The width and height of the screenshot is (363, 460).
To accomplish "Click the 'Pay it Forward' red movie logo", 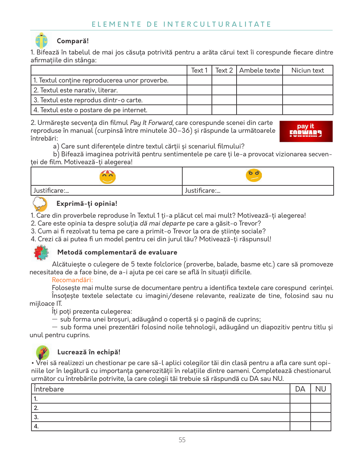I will [306, 131].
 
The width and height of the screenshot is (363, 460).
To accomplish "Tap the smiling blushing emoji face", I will [108, 177].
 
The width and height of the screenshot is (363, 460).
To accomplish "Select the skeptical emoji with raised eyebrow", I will [254, 175].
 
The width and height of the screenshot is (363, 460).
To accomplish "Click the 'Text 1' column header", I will [199, 70].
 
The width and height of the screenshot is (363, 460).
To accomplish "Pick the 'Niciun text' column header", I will [308, 70].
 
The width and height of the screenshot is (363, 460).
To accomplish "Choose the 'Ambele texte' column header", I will [259, 70].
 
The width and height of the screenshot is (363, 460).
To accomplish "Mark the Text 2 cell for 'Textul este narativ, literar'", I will [224, 90].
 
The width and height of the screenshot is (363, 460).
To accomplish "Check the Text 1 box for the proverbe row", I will [199, 80].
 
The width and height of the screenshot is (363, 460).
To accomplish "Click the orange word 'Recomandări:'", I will [72, 280].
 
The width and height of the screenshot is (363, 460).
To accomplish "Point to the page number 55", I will [182, 440].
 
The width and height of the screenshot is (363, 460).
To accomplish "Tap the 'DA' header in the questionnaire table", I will [300, 389].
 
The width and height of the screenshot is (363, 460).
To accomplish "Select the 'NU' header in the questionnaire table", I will [320, 389].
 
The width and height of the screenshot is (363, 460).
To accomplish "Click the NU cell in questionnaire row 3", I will [320, 417].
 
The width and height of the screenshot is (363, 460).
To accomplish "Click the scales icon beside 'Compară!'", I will [41, 41].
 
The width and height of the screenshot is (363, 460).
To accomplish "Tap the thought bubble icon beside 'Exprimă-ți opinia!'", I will [40, 204].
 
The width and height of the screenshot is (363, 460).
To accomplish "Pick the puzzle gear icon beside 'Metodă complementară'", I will [41, 253].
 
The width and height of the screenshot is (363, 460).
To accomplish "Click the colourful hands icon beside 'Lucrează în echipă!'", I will [43, 352].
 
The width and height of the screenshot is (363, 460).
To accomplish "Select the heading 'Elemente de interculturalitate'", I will [181, 24].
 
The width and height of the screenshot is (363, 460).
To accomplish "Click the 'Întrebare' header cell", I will [49, 389].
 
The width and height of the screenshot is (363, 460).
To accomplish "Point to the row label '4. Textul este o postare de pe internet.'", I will [90, 110].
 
